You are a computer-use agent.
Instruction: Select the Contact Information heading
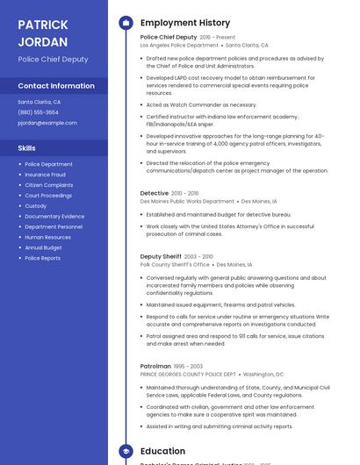tap(56, 86)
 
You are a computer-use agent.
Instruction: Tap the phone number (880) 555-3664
tap(38, 112)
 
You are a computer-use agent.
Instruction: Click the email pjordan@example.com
tap(47, 123)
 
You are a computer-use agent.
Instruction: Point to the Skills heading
tap(26, 148)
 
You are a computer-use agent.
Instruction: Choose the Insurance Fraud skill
tap(45, 175)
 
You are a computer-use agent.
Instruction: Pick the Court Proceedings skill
tap(48, 196)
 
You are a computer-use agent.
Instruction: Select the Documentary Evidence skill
tap(54, 216)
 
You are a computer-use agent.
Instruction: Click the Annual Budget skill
tap(44, 247)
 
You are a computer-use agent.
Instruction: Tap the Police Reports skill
tap(42, 258)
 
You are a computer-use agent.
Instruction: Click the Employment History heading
tap(185, 23)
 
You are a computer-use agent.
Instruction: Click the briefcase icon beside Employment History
tap(126, 23)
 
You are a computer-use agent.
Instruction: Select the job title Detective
tap(155, 193)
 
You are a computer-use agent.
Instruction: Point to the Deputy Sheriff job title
tap(162, 256)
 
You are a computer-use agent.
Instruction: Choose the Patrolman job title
tap(155, 366)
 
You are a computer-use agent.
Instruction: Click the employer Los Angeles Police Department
tap(179, 45)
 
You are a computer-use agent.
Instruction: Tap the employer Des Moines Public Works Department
tap(187, 201)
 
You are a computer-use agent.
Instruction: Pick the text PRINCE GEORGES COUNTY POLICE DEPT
tap(188, 374)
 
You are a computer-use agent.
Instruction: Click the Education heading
tap(162, 451)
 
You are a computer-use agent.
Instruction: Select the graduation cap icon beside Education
tap(126, 451)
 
